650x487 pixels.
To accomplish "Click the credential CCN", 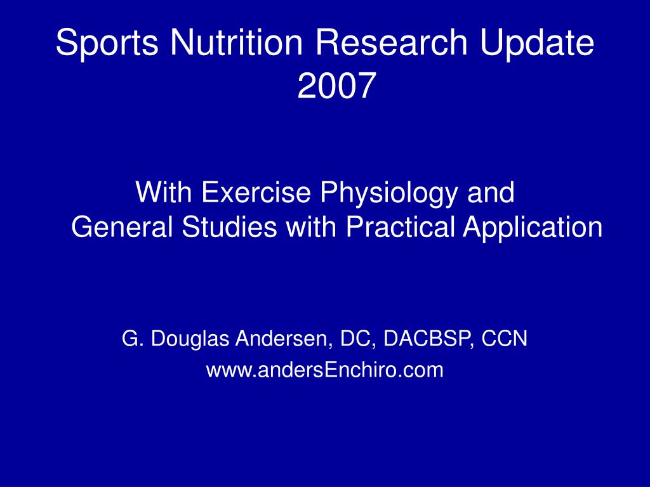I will (505, 339).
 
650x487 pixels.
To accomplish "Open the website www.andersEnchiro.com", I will (324, 370).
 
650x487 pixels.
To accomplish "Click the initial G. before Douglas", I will (130, 339).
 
